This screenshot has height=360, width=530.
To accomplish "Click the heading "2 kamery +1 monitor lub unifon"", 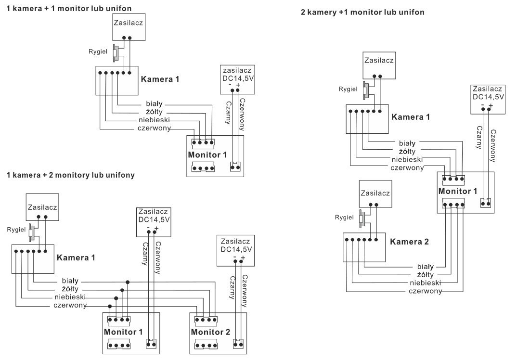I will point(362,12).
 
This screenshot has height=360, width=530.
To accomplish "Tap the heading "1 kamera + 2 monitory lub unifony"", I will point(71,175).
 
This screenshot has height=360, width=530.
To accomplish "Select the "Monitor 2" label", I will point(211,332).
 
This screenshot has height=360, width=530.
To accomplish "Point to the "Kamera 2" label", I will point(409,242).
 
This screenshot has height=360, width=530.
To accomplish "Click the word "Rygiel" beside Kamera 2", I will point(345,218).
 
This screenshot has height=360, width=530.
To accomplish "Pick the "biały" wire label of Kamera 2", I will point(426,266).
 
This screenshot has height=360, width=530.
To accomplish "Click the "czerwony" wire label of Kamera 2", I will point(425,291).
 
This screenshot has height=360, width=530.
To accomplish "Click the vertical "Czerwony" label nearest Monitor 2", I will point(245,290).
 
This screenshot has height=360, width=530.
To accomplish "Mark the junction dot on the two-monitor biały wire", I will point(128,282).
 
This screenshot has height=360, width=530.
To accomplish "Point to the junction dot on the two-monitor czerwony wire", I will point(110,306).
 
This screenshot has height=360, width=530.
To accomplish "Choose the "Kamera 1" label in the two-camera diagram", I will point(411,117).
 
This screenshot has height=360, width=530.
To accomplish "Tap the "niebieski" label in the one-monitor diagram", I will point(154,120).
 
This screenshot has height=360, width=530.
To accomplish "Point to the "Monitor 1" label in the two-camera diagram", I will point(458,192).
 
